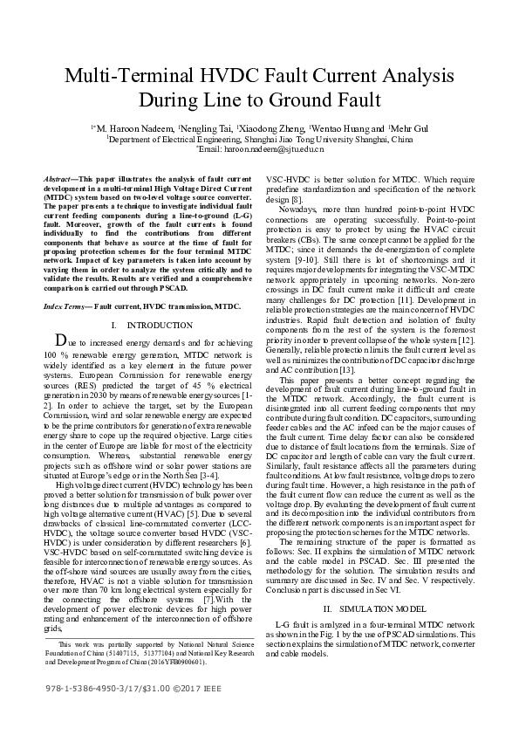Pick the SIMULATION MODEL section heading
point(367,608)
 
